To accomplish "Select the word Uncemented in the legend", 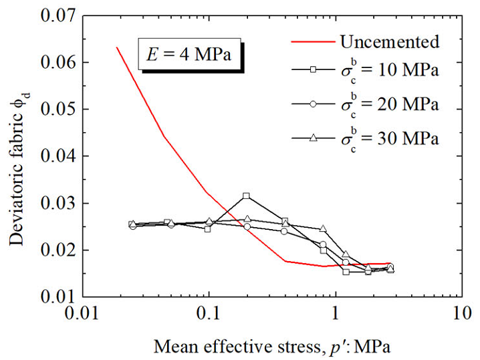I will tap(389, 41).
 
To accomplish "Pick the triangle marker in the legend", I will tap(313, 138).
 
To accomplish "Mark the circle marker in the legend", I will tap(313, 106).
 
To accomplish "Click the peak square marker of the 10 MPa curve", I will tap(247, 196).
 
